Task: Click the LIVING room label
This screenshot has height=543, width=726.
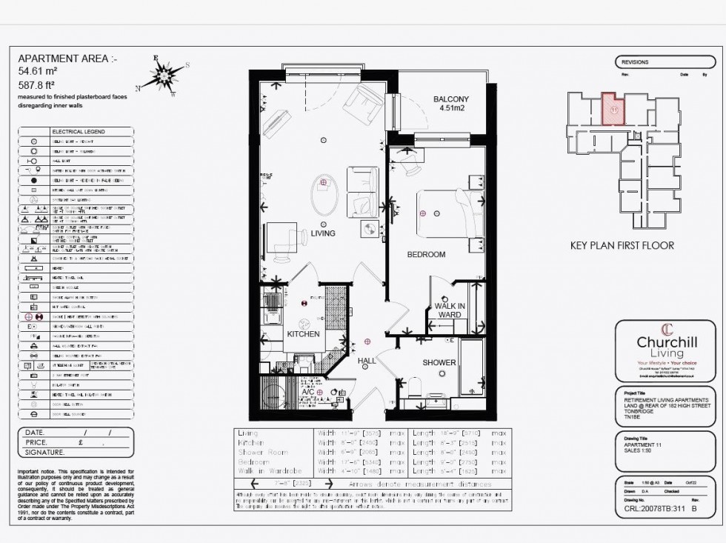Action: pos(323,233)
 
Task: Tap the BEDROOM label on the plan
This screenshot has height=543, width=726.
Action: pos(426,255)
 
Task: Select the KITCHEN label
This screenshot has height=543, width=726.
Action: pos(303,334)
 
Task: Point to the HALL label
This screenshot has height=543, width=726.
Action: pos(367,361)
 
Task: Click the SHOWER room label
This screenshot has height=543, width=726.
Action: pos(439,363)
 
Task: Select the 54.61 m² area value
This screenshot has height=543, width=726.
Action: pos(38,71)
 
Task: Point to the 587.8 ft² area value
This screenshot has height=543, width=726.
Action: pos(38,84)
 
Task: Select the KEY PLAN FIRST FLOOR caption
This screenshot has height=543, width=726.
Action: pos(622,246)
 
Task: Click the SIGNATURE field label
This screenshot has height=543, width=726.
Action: pos(45,452)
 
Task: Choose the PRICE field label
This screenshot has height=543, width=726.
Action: pos(40,442)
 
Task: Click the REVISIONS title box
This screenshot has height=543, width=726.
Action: pos(635,62)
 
